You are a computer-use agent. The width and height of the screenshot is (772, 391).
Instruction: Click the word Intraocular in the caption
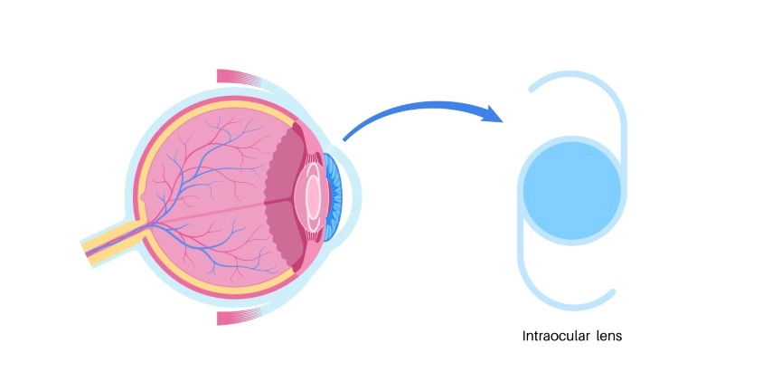tap(556, 337)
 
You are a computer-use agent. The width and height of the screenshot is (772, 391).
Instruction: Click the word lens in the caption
tap(609, 337)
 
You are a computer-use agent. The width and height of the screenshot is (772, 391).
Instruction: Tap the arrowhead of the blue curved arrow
tap(494, 114)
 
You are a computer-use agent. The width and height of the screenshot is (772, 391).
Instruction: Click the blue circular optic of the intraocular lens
tap(572, 191)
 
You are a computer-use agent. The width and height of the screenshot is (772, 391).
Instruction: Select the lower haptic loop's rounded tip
tap(612, 292)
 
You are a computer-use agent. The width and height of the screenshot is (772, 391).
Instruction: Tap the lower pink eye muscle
tap(239, 317)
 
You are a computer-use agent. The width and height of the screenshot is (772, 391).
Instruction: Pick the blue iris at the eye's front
tap(333, 197)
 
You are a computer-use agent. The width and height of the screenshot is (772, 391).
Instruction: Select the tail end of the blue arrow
tap(344, 139)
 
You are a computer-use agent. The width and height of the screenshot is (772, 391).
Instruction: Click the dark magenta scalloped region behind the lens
tap(284, 197)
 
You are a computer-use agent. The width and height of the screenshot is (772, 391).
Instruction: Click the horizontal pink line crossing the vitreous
tap(212, 212)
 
